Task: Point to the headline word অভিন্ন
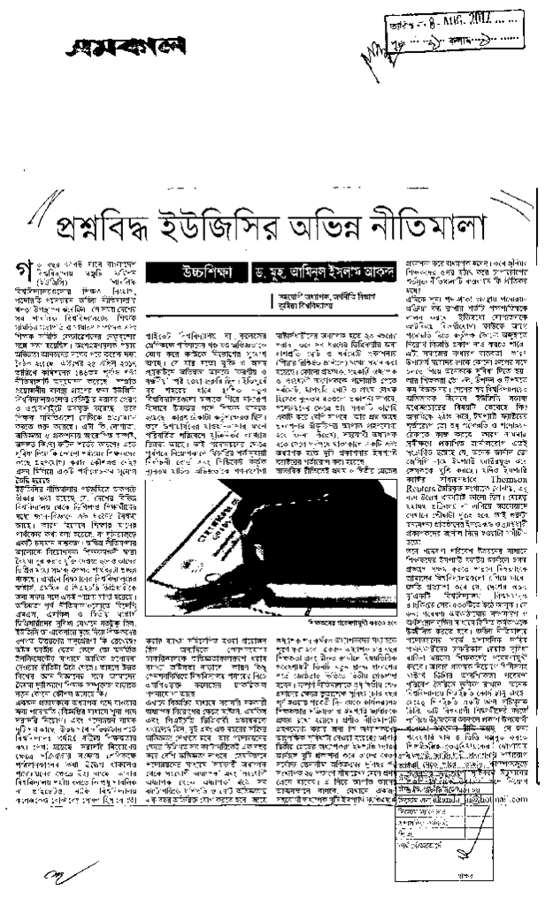tap(342, 227)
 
